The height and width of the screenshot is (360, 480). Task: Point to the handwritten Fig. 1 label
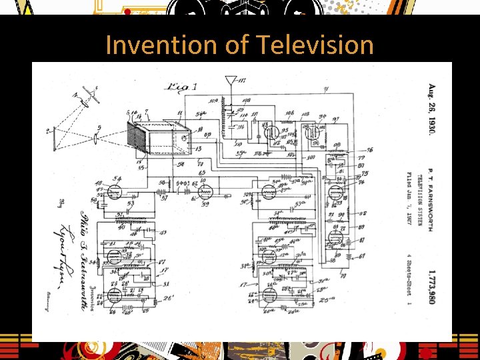tap(183, 86)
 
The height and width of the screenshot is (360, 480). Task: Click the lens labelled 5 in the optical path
tap(98, 139)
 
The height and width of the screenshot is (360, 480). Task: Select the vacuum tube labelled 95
tap(271, 132)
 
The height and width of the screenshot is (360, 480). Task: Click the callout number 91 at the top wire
tap(325, 89)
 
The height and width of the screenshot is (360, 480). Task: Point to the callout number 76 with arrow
tap(370, 151)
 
